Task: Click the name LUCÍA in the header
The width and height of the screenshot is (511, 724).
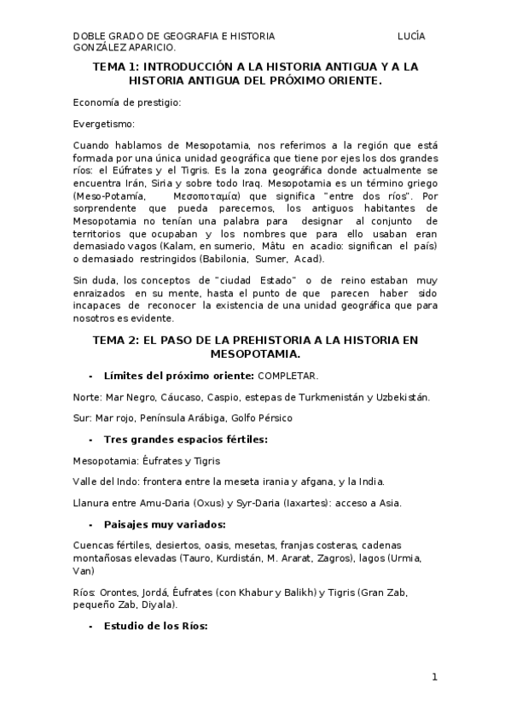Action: pos(411,37)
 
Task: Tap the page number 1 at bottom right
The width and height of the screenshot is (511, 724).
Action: pos(434,678)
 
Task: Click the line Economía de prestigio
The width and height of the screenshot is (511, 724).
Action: pos(127,102)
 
